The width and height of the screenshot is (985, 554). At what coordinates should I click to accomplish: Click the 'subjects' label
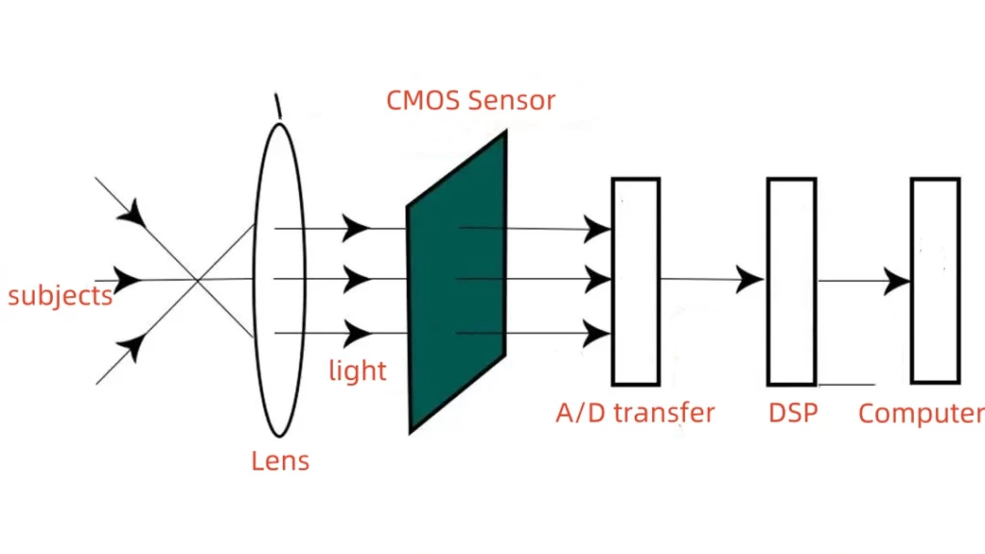pyautogui.click(x=60, y=294)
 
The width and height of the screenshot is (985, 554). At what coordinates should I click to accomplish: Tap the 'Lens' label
pyautogui.click(x=280, y=461)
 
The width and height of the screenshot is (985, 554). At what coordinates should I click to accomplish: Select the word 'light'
pyautogui.click(x=357, y=370)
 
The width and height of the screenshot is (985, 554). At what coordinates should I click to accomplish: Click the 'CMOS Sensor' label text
pyautogui.click(x=470, y=100)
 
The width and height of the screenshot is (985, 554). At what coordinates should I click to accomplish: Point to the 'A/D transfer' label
pyautogui.click(x=635, y=414)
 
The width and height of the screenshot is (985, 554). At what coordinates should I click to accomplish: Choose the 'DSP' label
pyautogui.click(x=793, y=414)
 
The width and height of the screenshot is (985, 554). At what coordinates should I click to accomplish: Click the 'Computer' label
pyautogui.click(x=921, y=414)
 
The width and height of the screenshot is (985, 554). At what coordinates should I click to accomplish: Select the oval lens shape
pyautogui.click(x=279, y=279)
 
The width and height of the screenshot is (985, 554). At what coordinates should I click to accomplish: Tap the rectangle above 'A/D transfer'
pyautogui.click(x=635, y=281)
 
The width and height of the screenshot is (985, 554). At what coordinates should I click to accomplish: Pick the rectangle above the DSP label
pyautogui.click(x=791, y=281)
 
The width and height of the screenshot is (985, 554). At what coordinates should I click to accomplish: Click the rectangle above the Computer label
pyautogui.click(x=935, y=281)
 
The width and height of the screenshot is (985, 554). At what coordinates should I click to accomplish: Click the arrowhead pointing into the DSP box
pyautogui.click(x=749, y=280)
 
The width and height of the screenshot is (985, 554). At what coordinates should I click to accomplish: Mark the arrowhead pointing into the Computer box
pyautogui.click(x=897, y=281)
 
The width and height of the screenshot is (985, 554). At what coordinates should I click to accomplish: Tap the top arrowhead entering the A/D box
pyautogui.click(x=597, y=229)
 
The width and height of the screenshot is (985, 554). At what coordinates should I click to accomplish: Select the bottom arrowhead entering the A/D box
pyautogui.click(x=597, y=334)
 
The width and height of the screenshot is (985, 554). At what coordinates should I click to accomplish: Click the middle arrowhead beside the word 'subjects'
pyautogui.click(x=128, y=280)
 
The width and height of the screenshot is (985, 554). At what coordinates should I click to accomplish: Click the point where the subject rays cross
pyautogui.click(x=197, y=280)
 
